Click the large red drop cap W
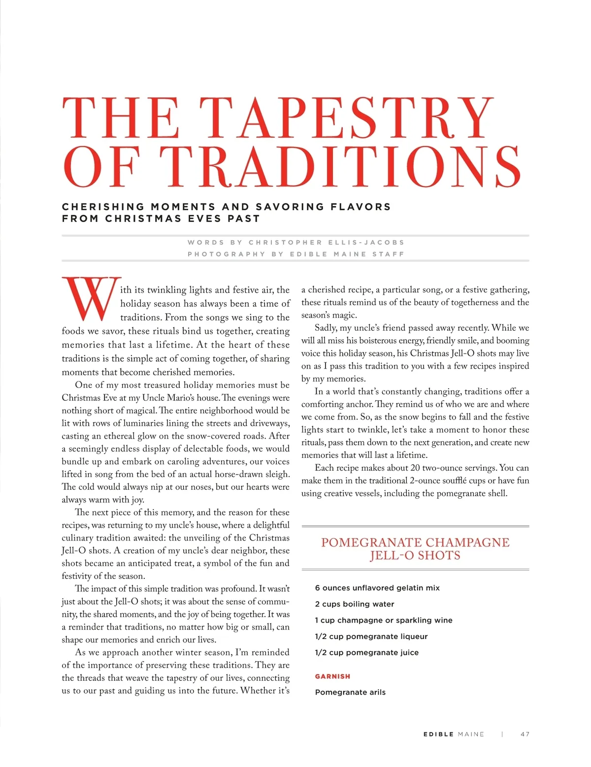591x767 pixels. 91,298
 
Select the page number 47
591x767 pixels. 525,734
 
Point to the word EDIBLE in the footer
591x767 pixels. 438,734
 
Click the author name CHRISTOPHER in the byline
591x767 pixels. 286,242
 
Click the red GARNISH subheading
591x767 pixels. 332,676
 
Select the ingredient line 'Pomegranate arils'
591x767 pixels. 350,692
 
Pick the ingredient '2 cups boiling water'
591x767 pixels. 355,604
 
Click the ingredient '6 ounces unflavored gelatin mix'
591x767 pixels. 377,588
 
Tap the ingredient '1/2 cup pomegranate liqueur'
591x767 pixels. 371,637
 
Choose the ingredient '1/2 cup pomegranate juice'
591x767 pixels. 367,653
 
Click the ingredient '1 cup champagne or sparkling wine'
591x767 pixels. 384,620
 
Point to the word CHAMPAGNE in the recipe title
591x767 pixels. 467,543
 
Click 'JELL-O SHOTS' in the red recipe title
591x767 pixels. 415,556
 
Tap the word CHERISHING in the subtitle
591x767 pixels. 103,207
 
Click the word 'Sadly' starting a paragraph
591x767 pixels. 326,328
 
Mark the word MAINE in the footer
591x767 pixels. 471,734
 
